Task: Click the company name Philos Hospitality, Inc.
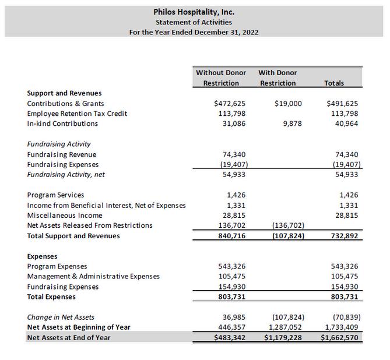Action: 194,12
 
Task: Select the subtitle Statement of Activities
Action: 194,22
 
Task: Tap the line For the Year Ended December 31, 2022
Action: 194,32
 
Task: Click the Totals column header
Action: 333,83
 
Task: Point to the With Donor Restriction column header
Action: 277,78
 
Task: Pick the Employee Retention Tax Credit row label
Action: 77,114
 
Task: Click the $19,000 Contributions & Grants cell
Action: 288,104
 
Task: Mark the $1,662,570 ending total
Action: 340,337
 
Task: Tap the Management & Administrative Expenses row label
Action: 93,276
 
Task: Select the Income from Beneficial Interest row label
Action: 106,205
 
